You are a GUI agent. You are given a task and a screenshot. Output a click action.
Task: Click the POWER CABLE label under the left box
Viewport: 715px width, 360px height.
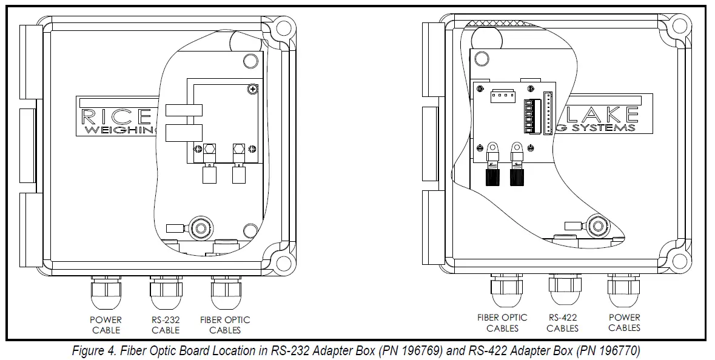(106, 325)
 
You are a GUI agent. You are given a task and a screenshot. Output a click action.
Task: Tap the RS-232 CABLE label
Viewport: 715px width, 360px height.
(166, 325)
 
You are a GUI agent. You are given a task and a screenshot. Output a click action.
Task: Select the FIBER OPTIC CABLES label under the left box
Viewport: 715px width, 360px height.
(225, 325)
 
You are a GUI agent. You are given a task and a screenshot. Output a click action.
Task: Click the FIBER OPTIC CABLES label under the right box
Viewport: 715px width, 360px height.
(502, 322)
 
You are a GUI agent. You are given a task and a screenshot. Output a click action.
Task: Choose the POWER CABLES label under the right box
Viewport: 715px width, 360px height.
(624, 322)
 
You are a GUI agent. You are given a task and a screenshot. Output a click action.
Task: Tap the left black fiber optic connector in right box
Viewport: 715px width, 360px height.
(492, 176)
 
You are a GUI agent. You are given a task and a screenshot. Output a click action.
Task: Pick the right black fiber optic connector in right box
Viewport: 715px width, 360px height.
(517, 176)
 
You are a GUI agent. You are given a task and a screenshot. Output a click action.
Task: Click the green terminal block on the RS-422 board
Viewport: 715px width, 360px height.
(528, 117)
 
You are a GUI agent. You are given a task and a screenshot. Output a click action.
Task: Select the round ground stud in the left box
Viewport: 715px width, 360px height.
(199, 228)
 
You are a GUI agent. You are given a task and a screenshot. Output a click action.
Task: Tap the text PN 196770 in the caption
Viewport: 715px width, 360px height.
(606, 351)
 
